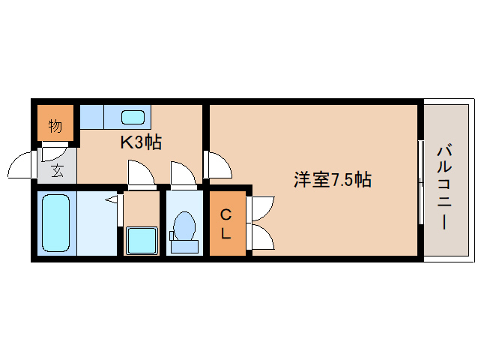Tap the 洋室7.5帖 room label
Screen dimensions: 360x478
pyautogui.click(x=332, y=180)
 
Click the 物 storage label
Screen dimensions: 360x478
pyautogui.click(x=55, y=126)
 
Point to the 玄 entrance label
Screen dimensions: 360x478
pyautogui.click(x=57, y=170)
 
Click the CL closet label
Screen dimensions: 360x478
pyautogui.click(x=226, y=224)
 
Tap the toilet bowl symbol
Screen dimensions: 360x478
pyautogui.click(x=184, y=227)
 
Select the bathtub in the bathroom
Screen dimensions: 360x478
pyautogui.click(x=55, y=223)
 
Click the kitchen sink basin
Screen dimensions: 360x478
pyautogui.click(x=133, y=117)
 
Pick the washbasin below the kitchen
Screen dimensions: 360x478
pyautogui.click(x=140, y=241)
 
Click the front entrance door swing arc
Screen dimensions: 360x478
pyautogui.click(x=22, y=166)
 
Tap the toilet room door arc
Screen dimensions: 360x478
pyautogui.click(x=182, y=174)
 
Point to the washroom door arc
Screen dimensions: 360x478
pyautogui.click(x=140, y=175)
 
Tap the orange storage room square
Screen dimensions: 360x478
pyautogui.click(x=55, y=122)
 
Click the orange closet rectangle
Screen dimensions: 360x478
pyautogui.click(x=227, y=224)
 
